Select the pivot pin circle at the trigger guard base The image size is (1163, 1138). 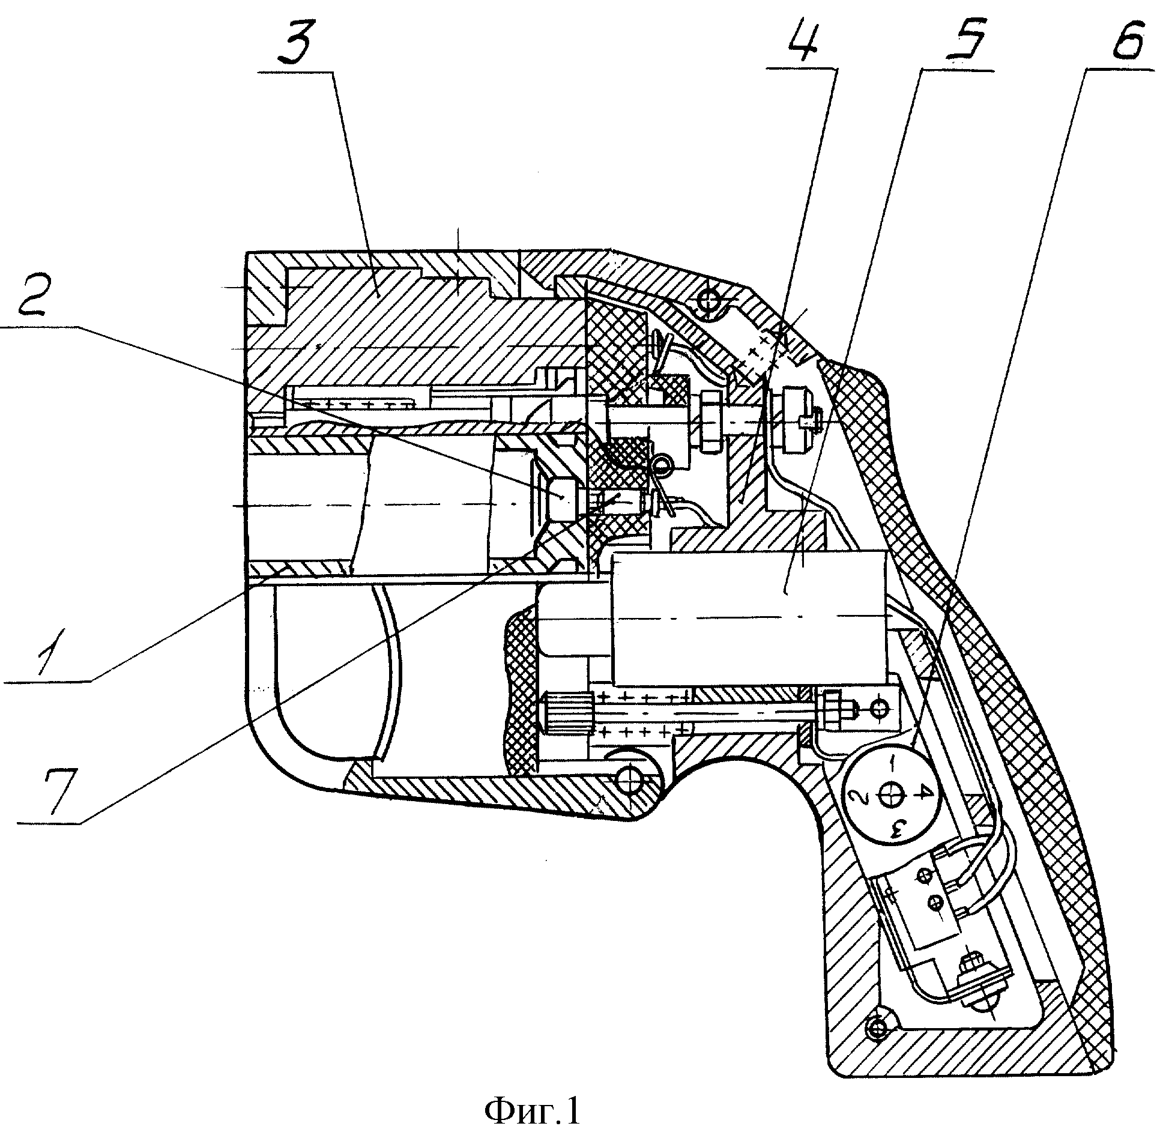[631, 780]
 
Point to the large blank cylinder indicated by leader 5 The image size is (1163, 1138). [749, 619]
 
